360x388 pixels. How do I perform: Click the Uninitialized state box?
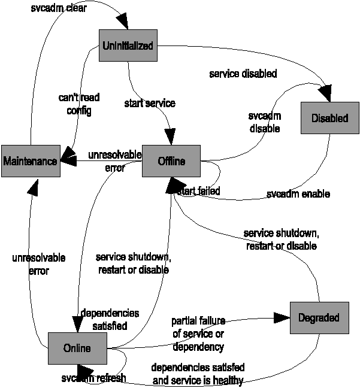click(x=128, y=46)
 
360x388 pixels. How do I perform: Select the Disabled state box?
click(x=329, y=118)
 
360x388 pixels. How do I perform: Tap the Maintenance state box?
click(x=30, y=161)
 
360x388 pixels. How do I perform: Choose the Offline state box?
click(x=171, y=161)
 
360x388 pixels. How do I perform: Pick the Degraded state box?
click(x=319, y=317)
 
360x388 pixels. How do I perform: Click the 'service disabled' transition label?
click(x=243, y=74)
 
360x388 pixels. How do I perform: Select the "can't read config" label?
click(x=79, y=104)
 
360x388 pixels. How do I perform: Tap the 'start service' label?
click(x=150, y=104)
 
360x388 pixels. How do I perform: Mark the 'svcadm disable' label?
click(x=264, y=121)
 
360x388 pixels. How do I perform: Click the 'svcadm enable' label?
click(x=298, y=194)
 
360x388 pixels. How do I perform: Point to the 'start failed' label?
click(x=200, y=191)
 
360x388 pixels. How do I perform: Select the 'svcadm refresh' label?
click(x=94, y=378)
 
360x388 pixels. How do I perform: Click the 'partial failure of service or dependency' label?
click(x=198, y=334)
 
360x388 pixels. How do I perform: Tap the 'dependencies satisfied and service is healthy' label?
click(x=198, y=372)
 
